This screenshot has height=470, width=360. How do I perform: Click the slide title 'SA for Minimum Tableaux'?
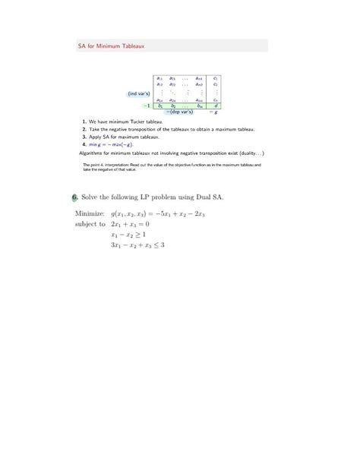[112, 46]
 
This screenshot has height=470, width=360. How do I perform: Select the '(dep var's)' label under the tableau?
[180, 112]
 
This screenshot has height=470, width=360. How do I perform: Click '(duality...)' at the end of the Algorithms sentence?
[248, 152]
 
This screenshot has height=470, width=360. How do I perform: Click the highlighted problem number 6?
[75, 197]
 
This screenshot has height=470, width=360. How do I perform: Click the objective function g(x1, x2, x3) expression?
[160, 215]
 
